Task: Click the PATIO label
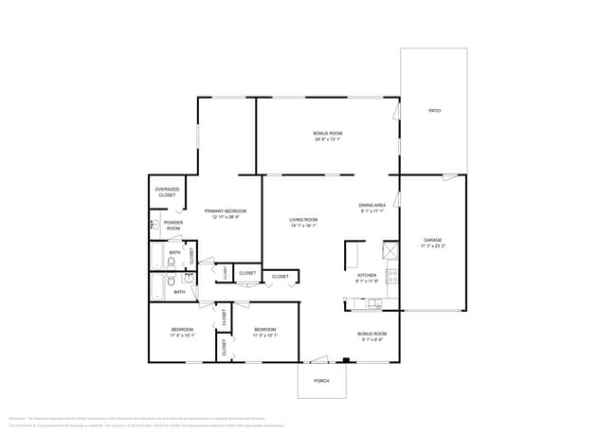click(x=434, y=111)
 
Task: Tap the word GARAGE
click(x=432, y=240)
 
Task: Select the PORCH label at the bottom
click(x=321, y=381)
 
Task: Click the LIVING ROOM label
click(x=303, y=220)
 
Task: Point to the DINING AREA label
click(x=371, y=205)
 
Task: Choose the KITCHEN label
click(x=367, y=275)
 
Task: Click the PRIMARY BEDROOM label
click(x=226, y=210)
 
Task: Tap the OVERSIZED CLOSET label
click(x=167, y=191)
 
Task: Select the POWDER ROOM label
click(x=173, y=226)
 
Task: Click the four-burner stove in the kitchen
click(x=391, y=278)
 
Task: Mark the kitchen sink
click(x=375, y=303)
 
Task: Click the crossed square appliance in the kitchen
click(x=390, y=250)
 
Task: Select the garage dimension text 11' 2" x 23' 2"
click(x=432, y=245)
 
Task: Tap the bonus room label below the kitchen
click(x=371, y=334)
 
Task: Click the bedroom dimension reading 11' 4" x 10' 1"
click(x=182, y=336)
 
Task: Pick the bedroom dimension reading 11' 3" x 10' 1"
click(x=264, y=336)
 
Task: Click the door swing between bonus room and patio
click(x=396, y=112)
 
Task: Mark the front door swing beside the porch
click(x=317, y=359)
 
